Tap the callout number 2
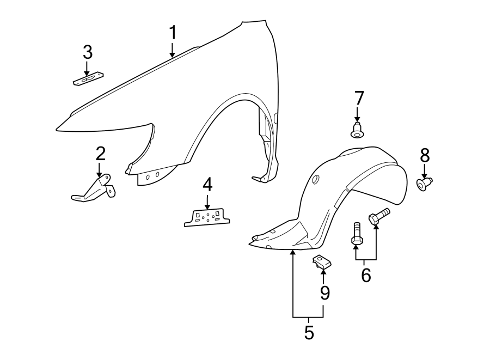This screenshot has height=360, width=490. tap(100, 154)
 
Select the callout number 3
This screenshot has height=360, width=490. tap(88, 53)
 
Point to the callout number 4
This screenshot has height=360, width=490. tap(207, 185)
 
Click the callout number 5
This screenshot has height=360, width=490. tap(309, 332)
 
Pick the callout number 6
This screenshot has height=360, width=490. tap(366, 276)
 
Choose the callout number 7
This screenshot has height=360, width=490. tap(358, 99)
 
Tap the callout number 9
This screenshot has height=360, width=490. tap(324, 294)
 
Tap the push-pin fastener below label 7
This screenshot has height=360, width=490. tap(357, 131)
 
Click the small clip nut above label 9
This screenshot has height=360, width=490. tap(321, 262)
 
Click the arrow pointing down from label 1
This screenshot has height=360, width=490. tap(173, 50)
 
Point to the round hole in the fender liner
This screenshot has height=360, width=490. tap(315, 181)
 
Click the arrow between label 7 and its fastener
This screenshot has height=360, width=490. tap(358, 114)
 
